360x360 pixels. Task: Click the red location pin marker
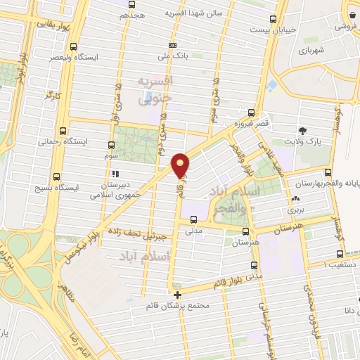point(181,165)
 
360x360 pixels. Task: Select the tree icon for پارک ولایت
point(303,130)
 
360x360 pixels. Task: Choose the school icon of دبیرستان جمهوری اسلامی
point(115,172)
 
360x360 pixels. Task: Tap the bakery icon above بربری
point(292,200)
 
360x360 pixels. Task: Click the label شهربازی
point(309,51)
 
